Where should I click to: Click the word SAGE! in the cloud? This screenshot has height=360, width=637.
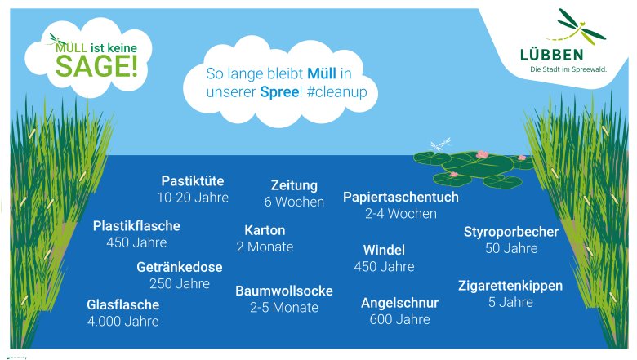coord(96,66)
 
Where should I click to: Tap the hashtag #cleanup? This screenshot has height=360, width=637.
coord(336,91)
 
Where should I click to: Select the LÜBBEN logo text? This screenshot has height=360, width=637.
coord(552,55)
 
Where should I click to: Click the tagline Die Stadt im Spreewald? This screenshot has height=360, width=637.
coord(568,69)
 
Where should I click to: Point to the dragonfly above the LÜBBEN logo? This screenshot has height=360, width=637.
coord(577,28)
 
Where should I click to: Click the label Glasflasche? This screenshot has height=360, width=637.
coord(123,304)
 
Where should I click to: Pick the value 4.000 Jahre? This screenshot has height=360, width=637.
coord(123,322)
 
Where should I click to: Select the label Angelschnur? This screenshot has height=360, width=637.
coord(399,303)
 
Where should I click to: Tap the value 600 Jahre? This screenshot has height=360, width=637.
coord(399,319)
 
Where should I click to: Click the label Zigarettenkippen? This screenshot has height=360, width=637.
coord(510,287)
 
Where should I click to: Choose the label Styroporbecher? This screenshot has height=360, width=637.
coord(511,232)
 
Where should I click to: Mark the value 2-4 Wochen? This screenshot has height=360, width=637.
coord(401,214)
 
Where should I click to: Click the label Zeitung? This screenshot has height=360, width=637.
coord(294,186)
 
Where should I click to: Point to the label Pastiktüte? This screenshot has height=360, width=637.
coord(193,181)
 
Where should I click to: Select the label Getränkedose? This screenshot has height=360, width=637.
coord(180,267)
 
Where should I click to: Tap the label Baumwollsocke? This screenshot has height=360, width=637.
coord(284,291)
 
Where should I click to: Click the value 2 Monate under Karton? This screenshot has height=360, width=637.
coord(265,247)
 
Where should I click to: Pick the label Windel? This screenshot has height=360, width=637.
coord(384,250)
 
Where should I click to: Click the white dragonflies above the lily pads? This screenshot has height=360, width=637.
coord(441,144)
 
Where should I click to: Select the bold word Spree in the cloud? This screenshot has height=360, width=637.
coord(279,92)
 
